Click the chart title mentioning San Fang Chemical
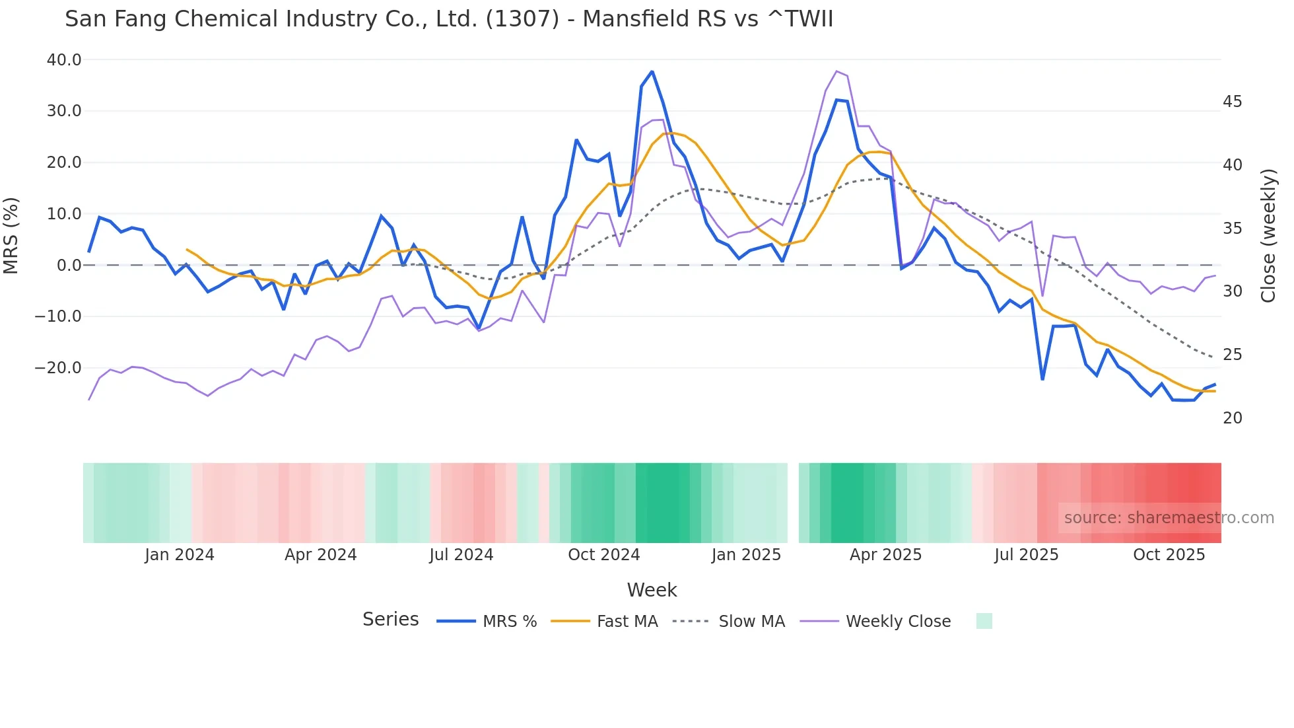pyautogui.click(x=449, y=18)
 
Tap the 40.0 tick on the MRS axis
pyautogui.click(x=64, y=60)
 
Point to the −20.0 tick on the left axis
pyautogui.click(x=58, y=368)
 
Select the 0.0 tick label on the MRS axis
pyautogui.click(x=69, y=266)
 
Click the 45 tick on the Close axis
pyautogui.click(x=1232, y=102)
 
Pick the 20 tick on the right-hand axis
pyautogui.click(x=1232, y=418)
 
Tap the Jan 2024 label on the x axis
pyautogui.click(x=180, y=555)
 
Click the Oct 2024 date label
pyautogui.click(x=603, y=555)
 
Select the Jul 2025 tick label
pyautogui.click(x=1026, y=555)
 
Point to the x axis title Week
pyautogui.click(x=652, y=590)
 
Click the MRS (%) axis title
pyautogui.click(x=11, y=235)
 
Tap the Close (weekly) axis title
pyautogui.click(x=1268, y=236)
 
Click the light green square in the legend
pyautogui.click(x=984, y=621)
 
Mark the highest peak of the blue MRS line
pyautogui.click(x=652, y=71)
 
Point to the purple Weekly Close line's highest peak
pyautogui.click(x=836, y=71)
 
